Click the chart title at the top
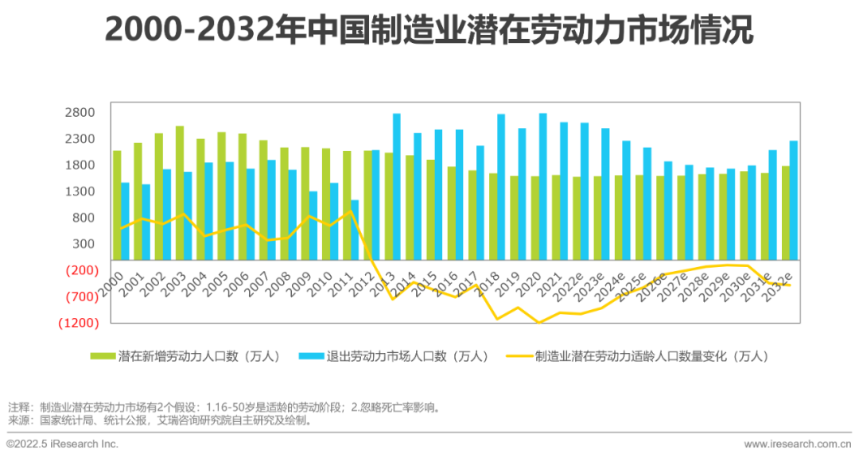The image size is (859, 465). point(429,32)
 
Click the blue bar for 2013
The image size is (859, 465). point(396,186)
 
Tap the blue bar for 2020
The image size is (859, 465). point(542,186)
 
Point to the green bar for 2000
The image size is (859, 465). point(117,204)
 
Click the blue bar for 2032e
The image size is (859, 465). point(793,200)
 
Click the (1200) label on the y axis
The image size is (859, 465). point(78,323)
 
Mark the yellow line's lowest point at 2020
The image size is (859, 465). point(540,323)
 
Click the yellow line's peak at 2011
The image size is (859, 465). point(351,211)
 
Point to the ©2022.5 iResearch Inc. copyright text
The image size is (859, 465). point(63,444)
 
